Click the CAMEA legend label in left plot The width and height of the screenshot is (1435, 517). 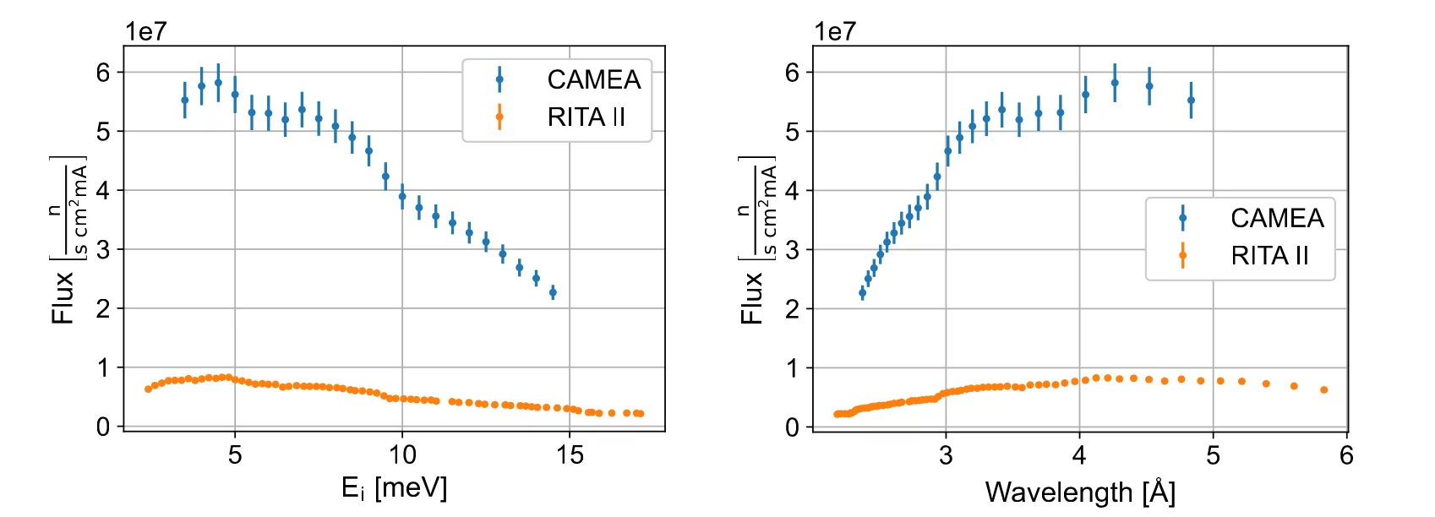593,79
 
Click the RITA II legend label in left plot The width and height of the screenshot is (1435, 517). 587,117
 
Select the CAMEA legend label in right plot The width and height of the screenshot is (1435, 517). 1276,218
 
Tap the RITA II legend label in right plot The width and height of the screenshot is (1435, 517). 1269,255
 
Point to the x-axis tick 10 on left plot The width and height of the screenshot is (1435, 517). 402,455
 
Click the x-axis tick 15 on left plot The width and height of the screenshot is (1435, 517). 570,455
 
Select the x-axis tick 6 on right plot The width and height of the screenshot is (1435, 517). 1346,455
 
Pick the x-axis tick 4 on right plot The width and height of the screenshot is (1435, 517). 1079,455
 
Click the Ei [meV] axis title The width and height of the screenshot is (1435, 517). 394,488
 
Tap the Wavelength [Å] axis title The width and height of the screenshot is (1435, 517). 1079,492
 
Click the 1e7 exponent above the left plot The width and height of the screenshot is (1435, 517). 146,31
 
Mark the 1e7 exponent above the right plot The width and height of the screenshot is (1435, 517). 835,31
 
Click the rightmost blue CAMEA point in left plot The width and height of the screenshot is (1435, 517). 553,292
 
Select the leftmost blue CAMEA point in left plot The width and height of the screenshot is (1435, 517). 185,100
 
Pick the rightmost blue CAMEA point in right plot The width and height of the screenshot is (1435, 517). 1191,100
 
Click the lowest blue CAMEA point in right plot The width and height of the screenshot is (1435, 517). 862,292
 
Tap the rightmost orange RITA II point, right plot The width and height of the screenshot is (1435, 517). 1323,389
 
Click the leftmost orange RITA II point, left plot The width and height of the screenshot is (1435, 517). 148,389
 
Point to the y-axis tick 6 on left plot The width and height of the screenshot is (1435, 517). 103,73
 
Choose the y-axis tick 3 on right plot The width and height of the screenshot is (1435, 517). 792,250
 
